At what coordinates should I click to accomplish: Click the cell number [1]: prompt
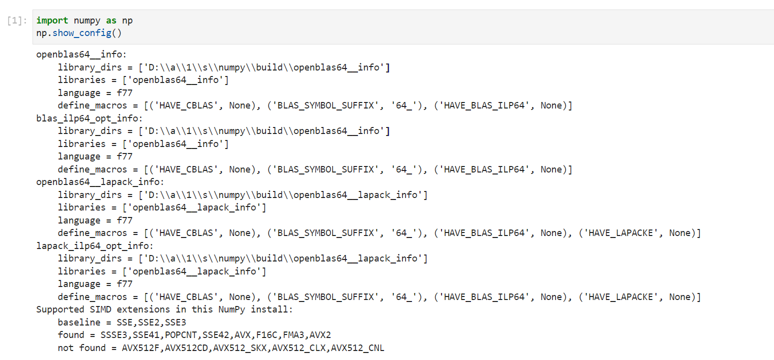(17, 20)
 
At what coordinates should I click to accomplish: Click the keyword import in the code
(52, 20)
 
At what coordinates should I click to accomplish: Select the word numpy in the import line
(87, 21)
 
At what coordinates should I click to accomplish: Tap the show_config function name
(82, 33)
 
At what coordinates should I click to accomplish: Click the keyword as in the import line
(111, 20)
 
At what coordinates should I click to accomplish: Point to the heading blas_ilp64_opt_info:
(89, 118)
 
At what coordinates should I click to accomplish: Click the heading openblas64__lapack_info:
(100, 182)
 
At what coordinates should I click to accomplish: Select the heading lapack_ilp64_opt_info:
(94, 246)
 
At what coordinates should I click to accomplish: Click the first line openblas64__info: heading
(81, 54)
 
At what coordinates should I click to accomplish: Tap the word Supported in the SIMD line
(60, 309)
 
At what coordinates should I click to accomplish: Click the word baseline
(79, 322)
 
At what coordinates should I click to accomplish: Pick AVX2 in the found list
(320, 335)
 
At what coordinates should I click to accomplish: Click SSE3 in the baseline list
(175, 322)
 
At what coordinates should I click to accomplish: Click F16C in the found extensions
(266, 335)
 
